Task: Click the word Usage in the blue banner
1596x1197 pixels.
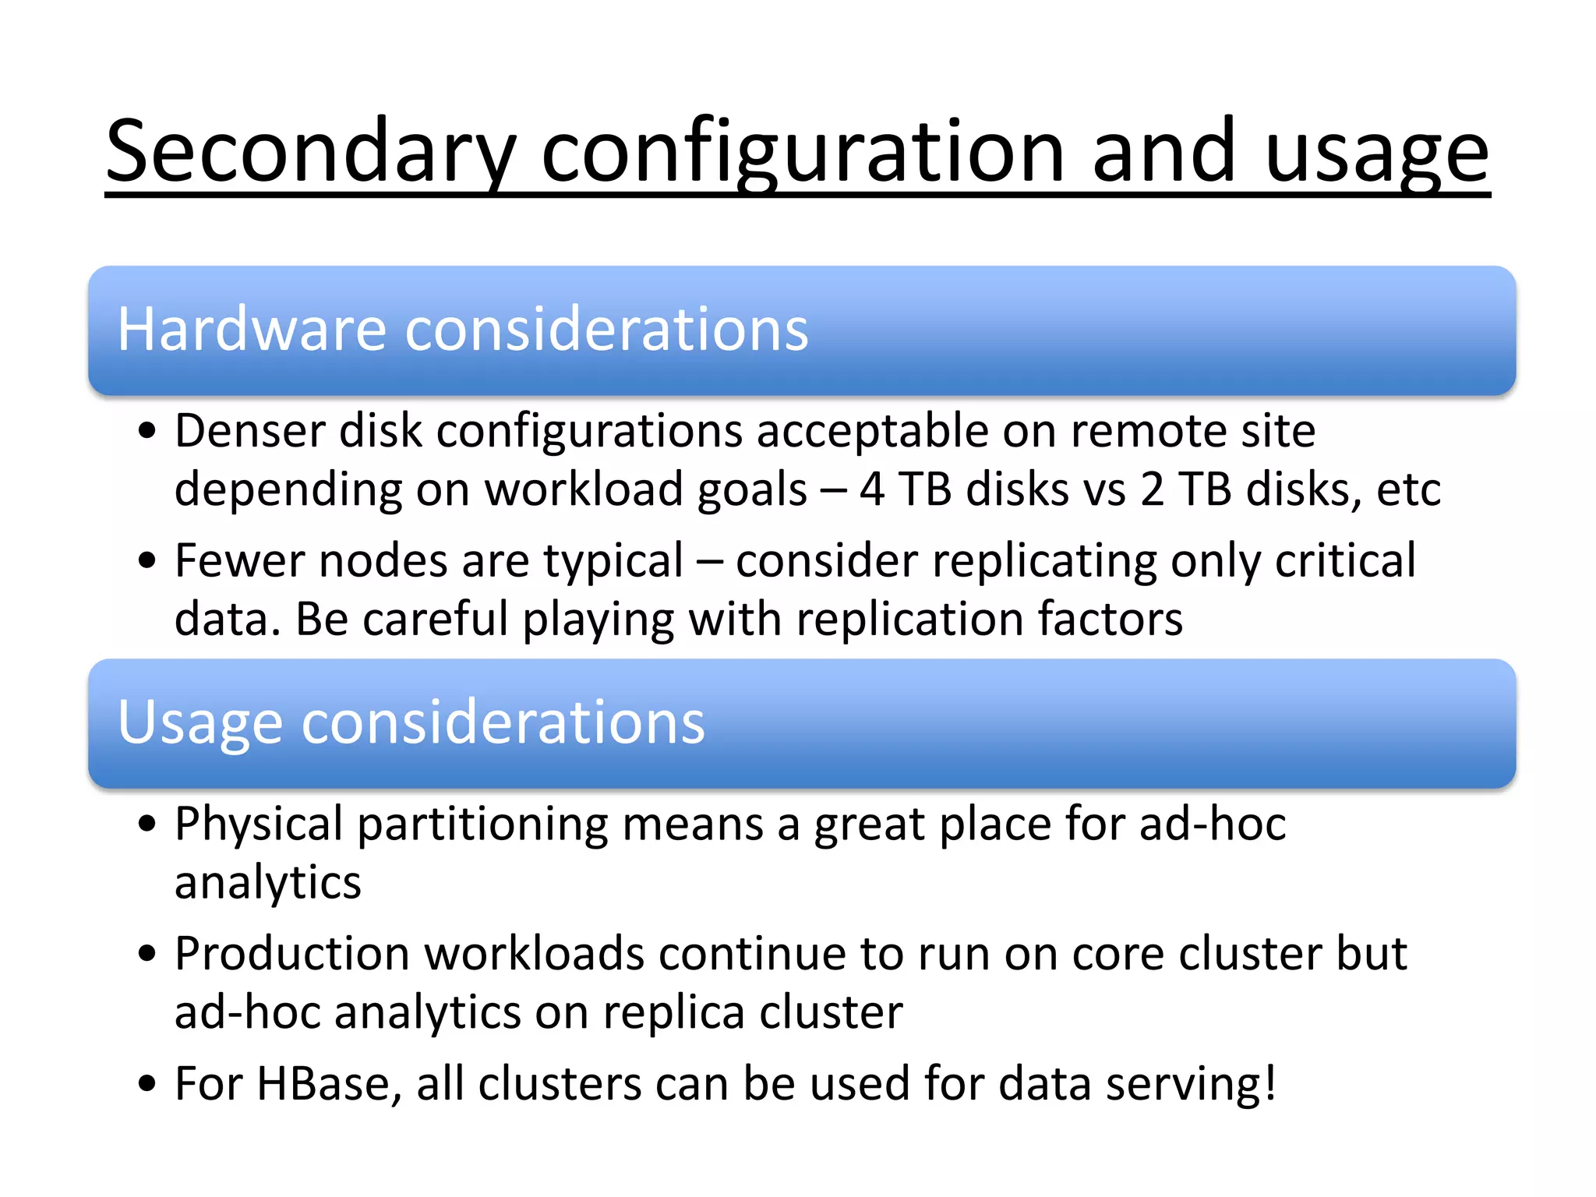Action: tap(199, 722)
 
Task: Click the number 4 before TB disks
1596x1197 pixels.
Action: tap(872, 489)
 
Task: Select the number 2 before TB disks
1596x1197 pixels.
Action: tap(1152, 489)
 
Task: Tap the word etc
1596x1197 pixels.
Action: tap(1408, 489)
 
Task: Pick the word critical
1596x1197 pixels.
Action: tap(1345, 560)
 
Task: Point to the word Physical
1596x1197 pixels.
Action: tap(258, 824)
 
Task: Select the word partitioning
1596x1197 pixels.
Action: tap(482, 824)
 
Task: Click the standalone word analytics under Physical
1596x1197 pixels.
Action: tap(267, 882)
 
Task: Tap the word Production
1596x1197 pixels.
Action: tap(292, 953)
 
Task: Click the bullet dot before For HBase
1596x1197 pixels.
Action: tap(147, 1084)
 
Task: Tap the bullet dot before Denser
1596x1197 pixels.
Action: tap(147, 431)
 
